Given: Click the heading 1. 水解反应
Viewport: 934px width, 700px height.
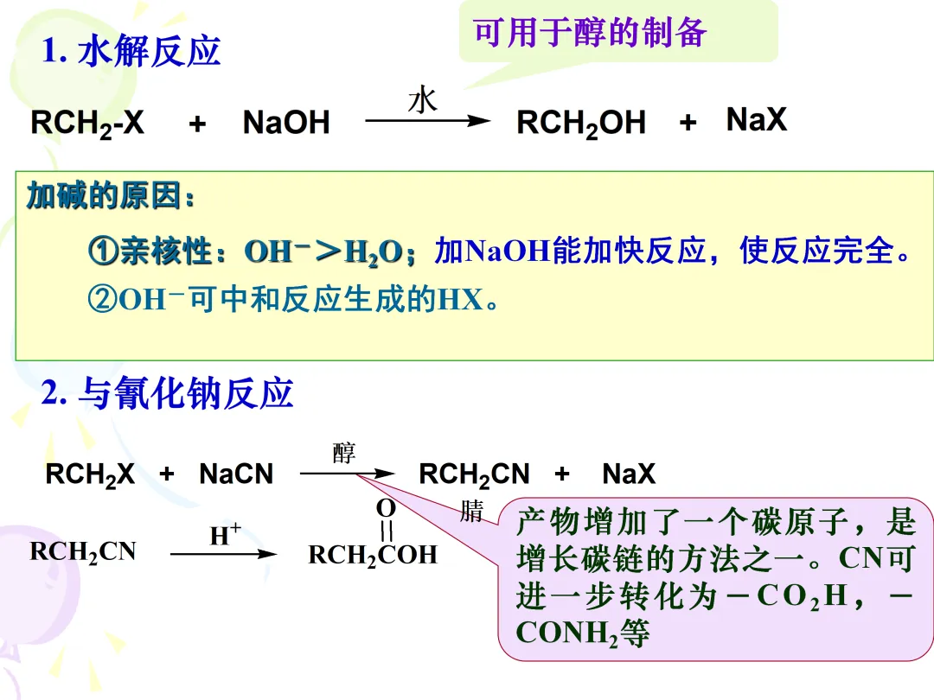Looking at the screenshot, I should (x=131, y=52).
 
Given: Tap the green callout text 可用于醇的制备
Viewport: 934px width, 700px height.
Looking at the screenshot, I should (x=591, y=33).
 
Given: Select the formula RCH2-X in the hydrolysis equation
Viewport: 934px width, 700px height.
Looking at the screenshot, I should (x=87, y=124).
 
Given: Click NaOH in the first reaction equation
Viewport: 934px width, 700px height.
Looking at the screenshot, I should (x=286, y=124).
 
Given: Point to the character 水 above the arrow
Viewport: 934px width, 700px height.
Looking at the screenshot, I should (x=423, y=100).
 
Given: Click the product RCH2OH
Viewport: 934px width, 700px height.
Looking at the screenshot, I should (x=580, y=124).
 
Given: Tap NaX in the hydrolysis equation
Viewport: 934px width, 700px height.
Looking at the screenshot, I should (x=756, y=120).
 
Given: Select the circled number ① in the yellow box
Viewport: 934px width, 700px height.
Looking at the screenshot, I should (x=103, y=251).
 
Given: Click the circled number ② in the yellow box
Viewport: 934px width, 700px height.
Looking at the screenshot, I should (x=103, y=300).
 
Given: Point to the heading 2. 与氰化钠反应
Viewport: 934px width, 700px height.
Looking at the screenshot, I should (x=168, y=394).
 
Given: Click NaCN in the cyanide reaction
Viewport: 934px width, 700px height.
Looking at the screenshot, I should (x=235, y=474).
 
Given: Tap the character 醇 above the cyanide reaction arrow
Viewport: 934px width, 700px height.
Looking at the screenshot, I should (x=344, y=453).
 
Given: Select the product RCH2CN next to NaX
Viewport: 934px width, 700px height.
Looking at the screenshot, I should (x=474, y=474).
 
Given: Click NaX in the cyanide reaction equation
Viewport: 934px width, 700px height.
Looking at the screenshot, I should (x=629, y=474).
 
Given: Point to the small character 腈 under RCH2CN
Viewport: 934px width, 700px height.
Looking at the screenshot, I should (x=471, y=511).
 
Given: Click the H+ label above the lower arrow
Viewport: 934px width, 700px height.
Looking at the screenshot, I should (x=224, y=536).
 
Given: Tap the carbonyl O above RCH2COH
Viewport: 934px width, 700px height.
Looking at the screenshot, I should (x=386, y=508).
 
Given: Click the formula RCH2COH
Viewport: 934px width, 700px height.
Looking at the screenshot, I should (x=373, y=555).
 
